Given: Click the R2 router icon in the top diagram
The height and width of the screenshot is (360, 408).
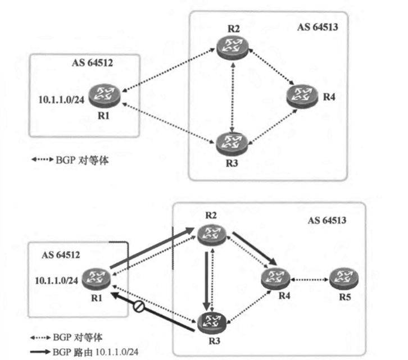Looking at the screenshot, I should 232,47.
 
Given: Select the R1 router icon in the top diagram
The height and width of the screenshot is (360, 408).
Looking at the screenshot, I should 105,94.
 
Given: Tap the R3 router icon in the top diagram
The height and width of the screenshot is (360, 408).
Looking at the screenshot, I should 232,140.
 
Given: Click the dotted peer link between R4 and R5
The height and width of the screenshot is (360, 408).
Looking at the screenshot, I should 309,277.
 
